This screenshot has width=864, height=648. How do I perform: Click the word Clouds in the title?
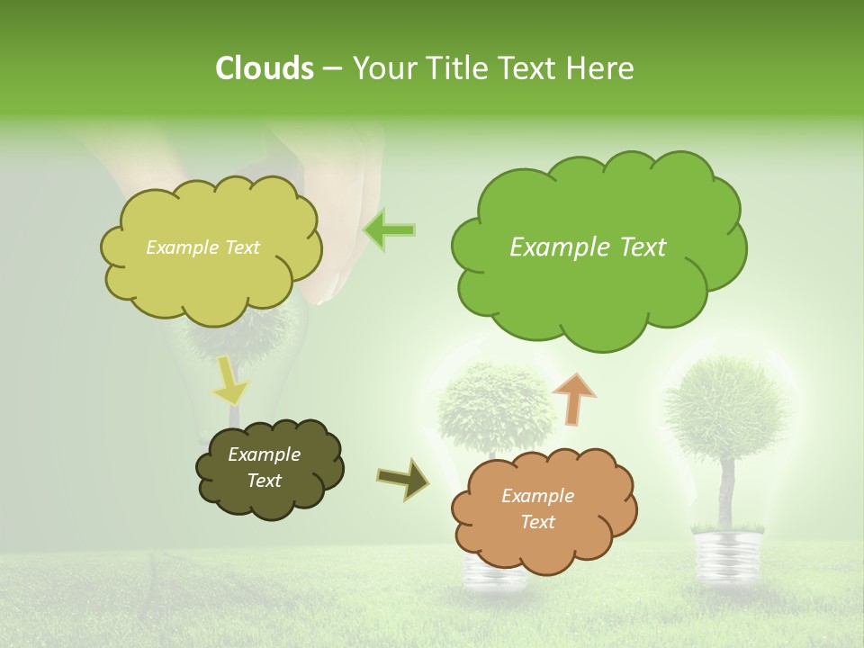point(264,68)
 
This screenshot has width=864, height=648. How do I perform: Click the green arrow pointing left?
point(389,230)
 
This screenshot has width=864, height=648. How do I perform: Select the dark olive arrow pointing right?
point(404,480)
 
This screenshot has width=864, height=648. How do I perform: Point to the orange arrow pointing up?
point(574,399)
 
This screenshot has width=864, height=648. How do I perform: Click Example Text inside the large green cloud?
point(588,247)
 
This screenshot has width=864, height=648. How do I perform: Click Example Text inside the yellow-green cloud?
point(202,247)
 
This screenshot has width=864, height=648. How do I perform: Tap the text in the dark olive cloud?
point(264,467)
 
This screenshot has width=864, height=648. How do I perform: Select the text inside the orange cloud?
point(537,508)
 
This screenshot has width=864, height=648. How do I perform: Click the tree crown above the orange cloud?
point(495,405)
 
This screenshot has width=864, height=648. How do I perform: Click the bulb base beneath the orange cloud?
point(495,576)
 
